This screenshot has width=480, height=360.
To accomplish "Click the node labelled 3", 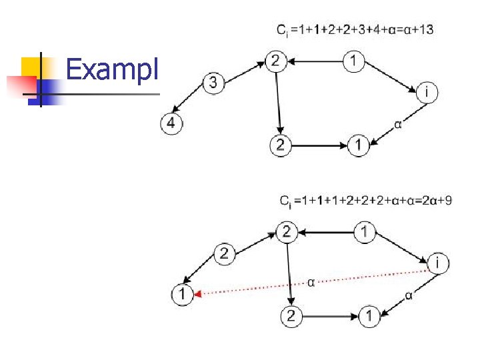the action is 213,83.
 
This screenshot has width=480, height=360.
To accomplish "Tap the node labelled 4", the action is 171,124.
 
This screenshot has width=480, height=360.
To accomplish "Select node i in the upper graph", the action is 427,93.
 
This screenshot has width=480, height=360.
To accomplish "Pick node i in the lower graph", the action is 437,263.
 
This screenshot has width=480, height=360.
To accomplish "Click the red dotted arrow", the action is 313,282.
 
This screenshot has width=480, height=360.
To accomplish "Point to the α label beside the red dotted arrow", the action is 311,282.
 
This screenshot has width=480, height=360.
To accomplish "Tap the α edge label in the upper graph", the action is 398,123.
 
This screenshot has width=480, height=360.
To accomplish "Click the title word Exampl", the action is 113,69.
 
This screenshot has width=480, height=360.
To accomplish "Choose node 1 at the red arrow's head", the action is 182,293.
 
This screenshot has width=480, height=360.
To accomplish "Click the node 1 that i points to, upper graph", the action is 358,145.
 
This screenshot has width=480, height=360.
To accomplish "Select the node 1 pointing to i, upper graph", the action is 354,62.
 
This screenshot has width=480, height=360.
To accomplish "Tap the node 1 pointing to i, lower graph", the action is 364,233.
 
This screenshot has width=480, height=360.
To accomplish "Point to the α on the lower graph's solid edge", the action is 409,296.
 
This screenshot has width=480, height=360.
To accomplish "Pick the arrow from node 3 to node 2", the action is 242,71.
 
